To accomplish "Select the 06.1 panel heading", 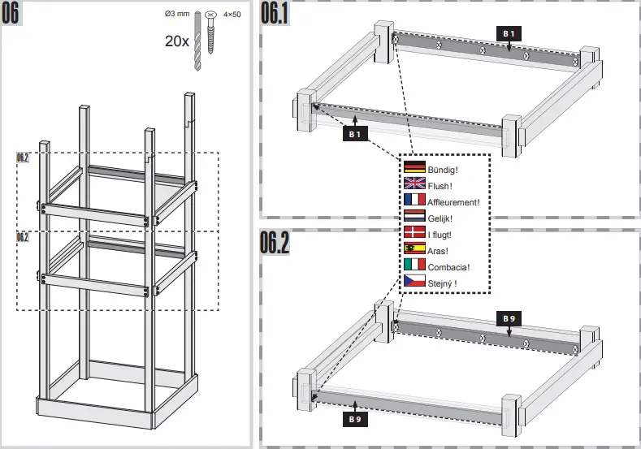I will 275,14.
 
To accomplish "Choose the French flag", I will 414,200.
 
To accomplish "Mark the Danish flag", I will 414,232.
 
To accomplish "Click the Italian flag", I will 414,265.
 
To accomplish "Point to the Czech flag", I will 414,281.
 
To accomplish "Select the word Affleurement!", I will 453,202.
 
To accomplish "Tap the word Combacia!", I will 448,267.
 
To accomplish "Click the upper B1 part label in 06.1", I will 509,32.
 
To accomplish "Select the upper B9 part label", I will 508,319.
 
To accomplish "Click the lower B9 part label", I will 354,420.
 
